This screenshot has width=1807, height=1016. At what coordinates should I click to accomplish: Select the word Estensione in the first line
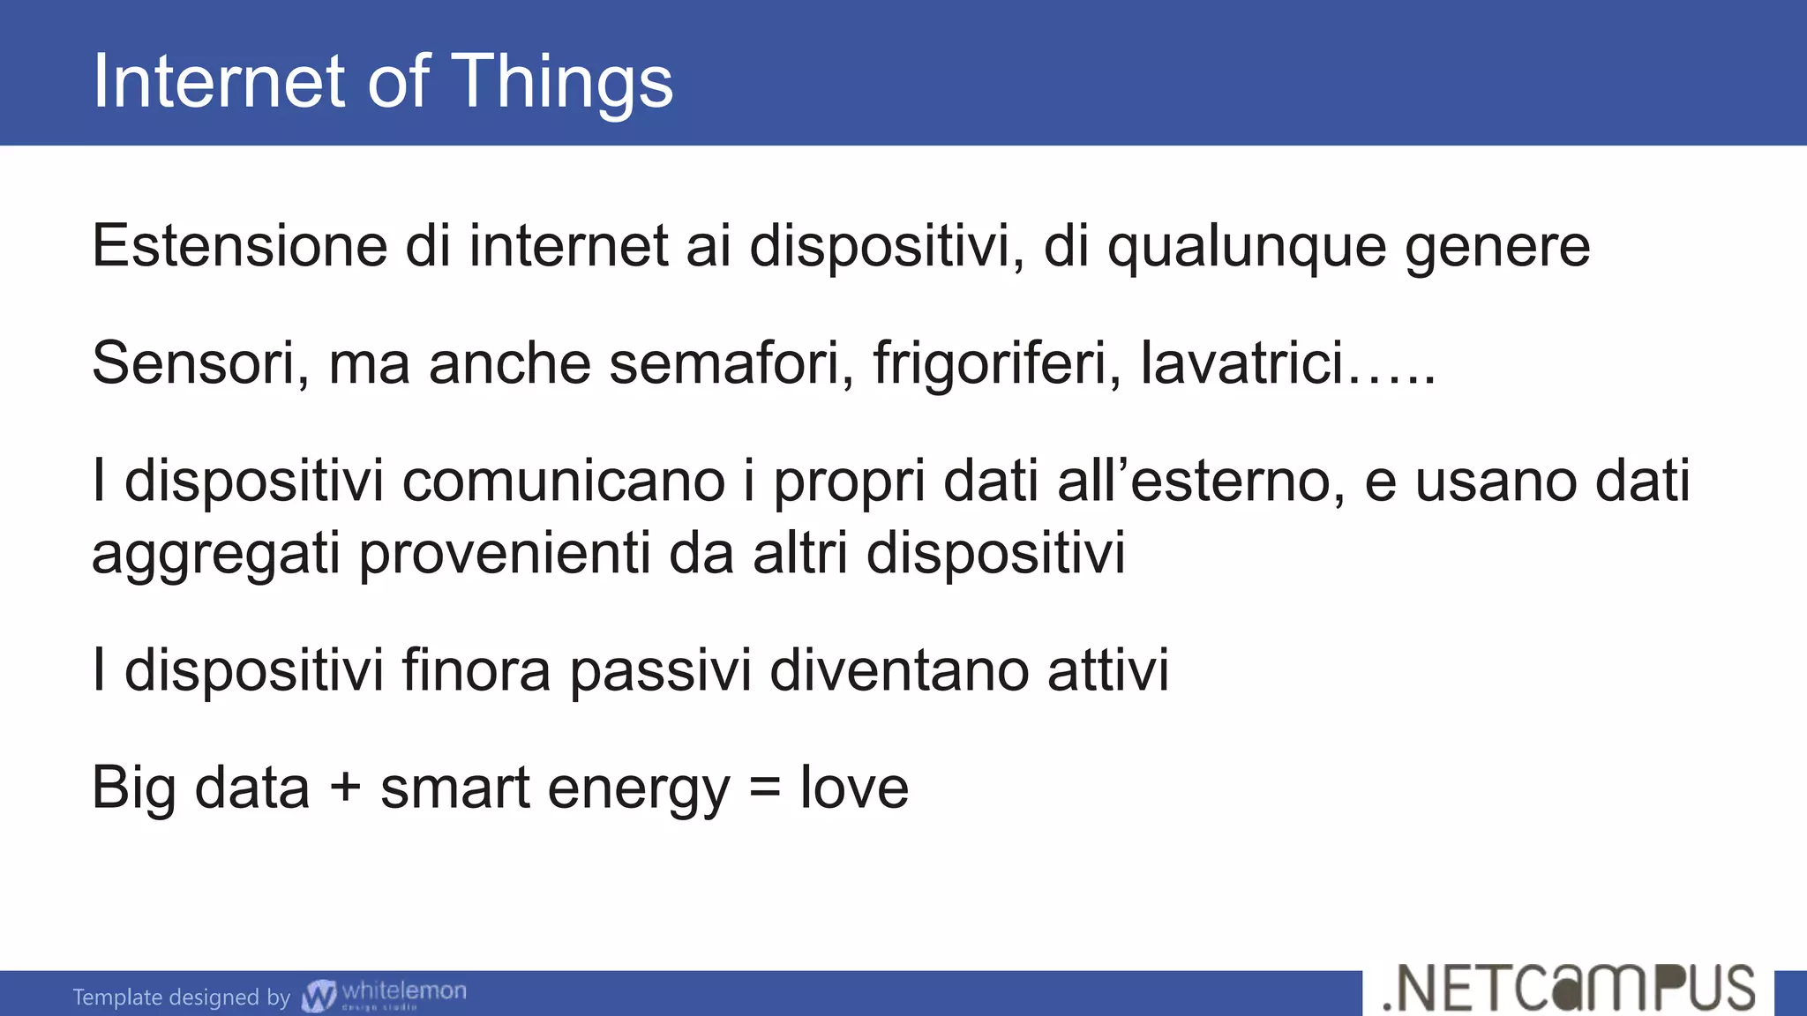[x=239, y=246]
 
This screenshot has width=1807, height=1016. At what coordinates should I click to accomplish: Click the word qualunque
[x=1246, y=246]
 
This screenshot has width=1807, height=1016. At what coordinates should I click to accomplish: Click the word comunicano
[x=564, y=482]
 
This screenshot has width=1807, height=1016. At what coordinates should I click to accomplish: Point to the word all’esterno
[x=1201, y=482]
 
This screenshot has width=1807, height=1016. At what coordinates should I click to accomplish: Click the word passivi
[x=660, y=670]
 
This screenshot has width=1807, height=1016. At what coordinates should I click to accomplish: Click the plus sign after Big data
[x=345, y=788]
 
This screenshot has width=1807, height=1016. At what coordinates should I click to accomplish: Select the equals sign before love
[x=764, y=788]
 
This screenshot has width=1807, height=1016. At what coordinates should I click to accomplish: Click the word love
[x=854, y=788]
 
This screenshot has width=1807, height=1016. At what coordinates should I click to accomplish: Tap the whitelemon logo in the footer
[x=385, y=995]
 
